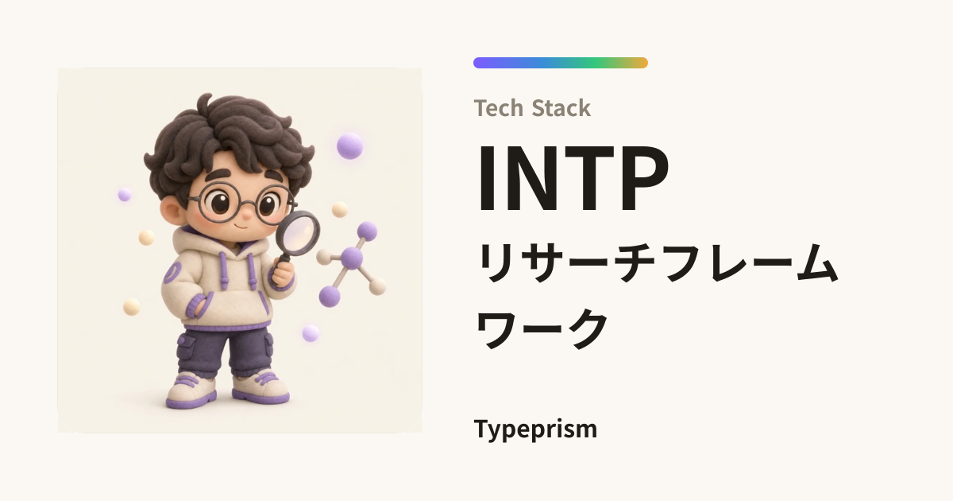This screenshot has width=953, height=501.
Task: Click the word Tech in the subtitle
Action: click(x=499, y=108)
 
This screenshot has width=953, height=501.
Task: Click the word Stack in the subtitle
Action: click(x=561, y=108)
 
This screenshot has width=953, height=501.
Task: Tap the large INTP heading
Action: click(x=573, y=178)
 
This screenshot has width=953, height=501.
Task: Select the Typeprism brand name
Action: click(x=535, y=429)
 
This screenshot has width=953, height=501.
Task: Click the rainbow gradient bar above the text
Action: click(x=561, y=63)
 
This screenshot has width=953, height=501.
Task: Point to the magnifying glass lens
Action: click(x=298, y=232)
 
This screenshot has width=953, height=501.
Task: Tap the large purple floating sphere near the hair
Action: click(x=349, y=146)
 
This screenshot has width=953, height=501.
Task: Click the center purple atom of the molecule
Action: click(x=352, y=258)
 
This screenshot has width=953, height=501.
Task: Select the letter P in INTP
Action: click(x=645, y=178)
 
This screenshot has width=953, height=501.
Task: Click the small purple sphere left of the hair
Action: click(x=124, y=195)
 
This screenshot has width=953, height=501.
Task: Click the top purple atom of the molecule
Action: click(x=367, y=231)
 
